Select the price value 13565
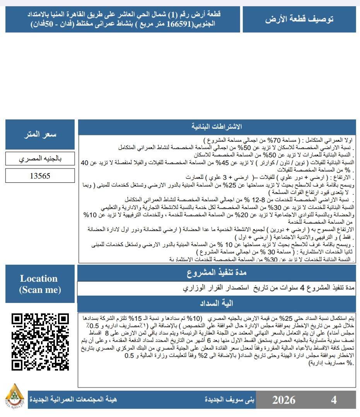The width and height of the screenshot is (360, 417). pyautogui.click(x=40, y=176)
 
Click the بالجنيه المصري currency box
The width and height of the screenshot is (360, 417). pyautogui.click(x=40, y=159)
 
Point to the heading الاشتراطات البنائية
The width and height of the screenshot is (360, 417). pyautogui.click(x=217, y=127)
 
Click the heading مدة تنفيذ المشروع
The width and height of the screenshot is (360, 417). pyautogui.click(x=217, y=273)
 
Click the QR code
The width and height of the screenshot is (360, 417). pyautogui.click(x=40, y=342)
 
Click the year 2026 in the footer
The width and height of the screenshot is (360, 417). pyautogui.click(x=283, y=400)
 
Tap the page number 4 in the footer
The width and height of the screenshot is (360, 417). pyautogui.click(x=334, y=400)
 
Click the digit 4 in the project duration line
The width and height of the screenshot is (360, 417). pyautogui.click(x=302, y=288)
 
